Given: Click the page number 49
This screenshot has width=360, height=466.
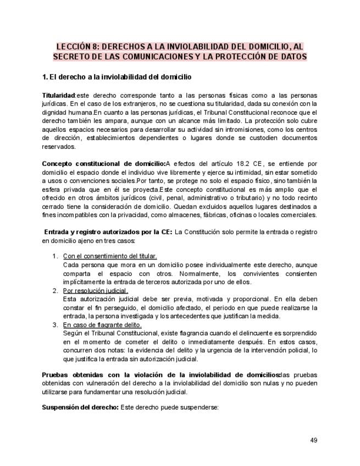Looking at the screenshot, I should [x=314, y=440].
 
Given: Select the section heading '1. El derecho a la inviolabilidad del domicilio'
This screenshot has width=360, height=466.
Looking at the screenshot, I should [x=117, y=76].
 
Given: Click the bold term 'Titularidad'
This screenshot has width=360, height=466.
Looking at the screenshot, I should [x=58, y=96].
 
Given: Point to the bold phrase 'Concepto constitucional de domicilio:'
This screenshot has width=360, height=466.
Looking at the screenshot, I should [x=104, y=163].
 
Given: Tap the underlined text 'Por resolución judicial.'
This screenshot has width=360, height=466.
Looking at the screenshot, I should [x=96, y=290].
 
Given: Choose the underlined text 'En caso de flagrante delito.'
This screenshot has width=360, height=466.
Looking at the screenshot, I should [x=102, y=325].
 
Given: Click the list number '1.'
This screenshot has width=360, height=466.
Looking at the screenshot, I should [x=55, y=256].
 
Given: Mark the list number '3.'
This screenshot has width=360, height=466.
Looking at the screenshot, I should [x=55, y=325].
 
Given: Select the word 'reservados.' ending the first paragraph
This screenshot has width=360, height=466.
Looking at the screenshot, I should [x=59, y=147].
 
